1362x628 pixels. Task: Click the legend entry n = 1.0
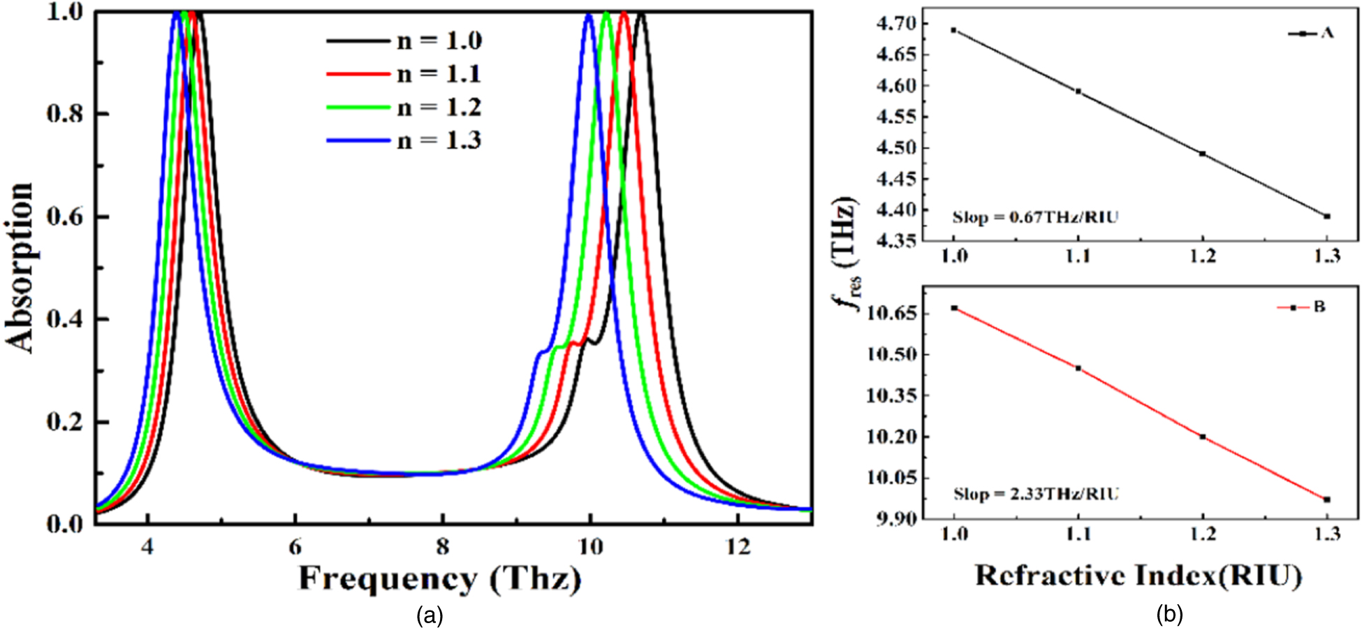405,41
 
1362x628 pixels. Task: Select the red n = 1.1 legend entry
405,74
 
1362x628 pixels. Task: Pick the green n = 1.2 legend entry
405,108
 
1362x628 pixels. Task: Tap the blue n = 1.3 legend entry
405,141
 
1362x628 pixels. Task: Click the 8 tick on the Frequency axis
443,546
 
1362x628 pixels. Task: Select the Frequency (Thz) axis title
440,579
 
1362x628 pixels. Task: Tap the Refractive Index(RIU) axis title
1138,576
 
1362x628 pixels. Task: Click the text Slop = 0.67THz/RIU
1035,217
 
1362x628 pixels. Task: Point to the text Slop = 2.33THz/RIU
1036,494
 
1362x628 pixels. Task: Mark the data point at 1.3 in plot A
1327,216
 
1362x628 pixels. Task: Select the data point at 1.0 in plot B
954,308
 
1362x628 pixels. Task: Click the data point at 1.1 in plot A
1078,91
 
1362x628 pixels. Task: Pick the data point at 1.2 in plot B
1203,437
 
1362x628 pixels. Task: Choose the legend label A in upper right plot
1327,33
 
